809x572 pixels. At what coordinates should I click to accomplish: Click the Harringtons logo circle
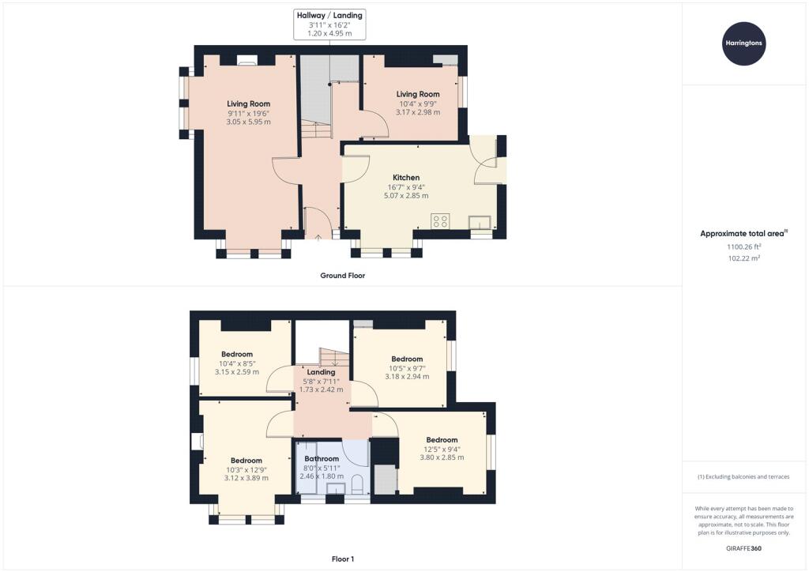[743, 43]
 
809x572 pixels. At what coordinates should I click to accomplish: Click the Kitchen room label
[406, 178]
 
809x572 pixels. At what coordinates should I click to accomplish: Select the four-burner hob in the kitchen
[440, 221]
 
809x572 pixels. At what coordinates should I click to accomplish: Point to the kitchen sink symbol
[480, 223]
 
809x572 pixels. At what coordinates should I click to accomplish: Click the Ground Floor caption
[343, 276]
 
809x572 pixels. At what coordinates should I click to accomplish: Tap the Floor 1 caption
[343, 559]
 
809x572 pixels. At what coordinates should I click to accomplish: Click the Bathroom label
[322, 458]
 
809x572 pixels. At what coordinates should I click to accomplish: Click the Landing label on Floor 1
[321, 372]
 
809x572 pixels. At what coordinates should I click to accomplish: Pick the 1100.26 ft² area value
[744, 246]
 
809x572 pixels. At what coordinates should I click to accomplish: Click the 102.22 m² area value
[744, 258]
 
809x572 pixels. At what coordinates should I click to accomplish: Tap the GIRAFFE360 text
[743, 548]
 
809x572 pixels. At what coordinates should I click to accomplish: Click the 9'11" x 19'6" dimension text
[248, 113]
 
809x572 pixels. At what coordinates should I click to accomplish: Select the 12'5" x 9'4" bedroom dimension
[442, 449]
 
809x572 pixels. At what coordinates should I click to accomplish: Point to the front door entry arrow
[318, 237]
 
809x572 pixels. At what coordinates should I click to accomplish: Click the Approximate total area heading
[742, 234]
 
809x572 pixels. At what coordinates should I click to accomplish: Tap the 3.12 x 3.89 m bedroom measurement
[246, 478]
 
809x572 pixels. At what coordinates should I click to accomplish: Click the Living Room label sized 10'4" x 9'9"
[418, 94]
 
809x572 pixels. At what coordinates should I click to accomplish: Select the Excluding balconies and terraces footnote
[743, 476]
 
